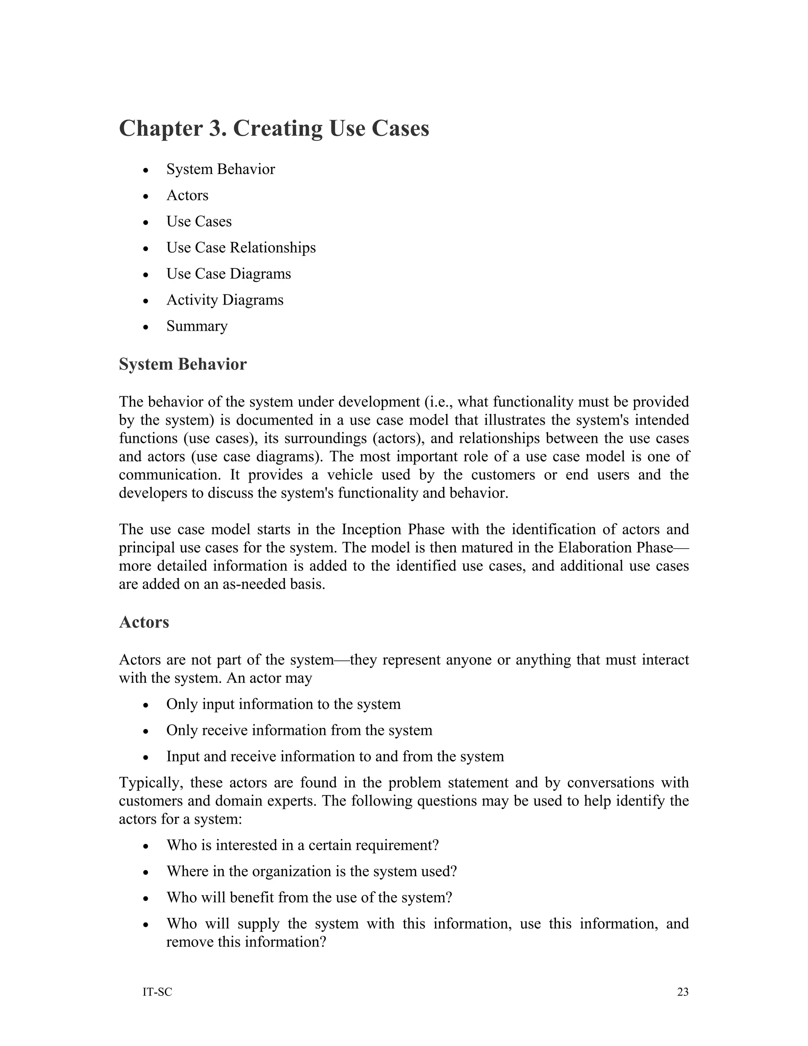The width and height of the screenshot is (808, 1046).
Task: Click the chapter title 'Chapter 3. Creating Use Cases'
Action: click(x=274, y=128)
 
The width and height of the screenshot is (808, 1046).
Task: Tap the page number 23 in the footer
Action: click(x=683, y=992)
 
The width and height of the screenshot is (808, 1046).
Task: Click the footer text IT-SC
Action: click(x=157, y=992)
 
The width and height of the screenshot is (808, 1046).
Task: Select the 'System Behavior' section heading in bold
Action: click(x=182, y=364)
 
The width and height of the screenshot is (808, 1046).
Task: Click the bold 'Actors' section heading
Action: click(x=144, y=622)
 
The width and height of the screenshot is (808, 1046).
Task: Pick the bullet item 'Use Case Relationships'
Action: click(x=241, y=247)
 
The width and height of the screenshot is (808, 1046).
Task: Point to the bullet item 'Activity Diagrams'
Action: click(x=224, y=300)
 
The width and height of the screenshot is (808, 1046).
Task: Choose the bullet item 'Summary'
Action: click(x=197, y=326)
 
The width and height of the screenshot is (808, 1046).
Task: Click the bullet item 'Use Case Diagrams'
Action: click(x=228, y=274)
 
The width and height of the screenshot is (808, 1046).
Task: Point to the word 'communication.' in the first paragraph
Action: click(x=171, y=474)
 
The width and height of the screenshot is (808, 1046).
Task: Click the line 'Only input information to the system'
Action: click(x=283, y=704)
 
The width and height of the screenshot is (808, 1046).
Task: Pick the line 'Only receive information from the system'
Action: click(x=299, y=730)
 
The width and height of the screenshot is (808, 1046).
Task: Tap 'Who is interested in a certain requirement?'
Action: click(x=303, y=845)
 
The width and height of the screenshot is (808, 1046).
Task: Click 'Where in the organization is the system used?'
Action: click(x=312, y=871)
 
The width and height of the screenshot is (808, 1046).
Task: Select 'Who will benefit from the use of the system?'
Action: click(x=309, y=897)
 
